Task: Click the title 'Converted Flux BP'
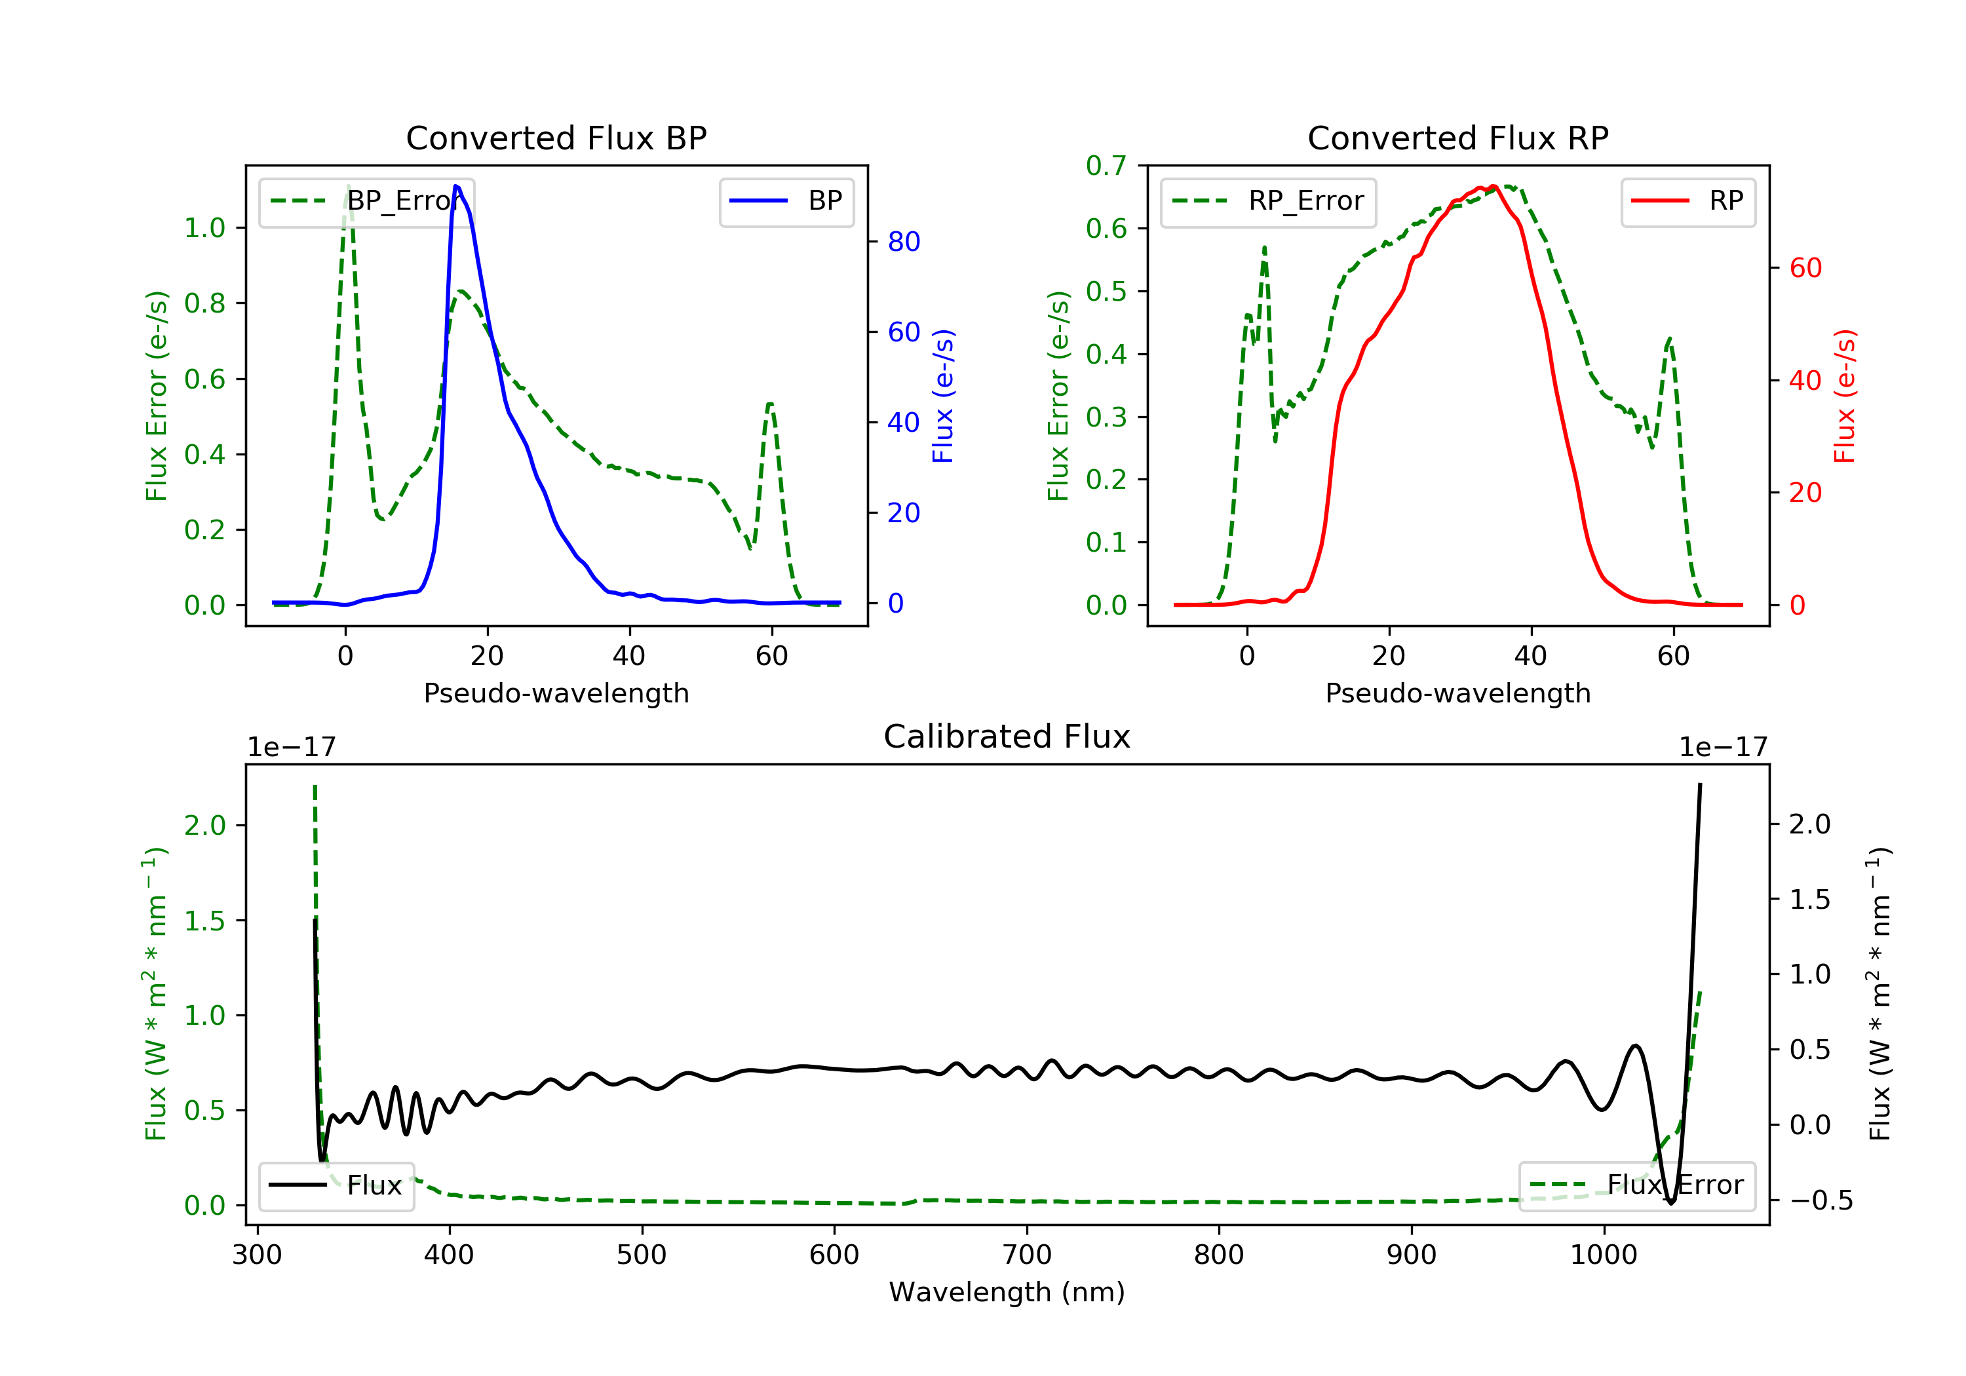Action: click(x=556, y=138)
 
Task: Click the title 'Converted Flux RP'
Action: click(x=1457, y=138)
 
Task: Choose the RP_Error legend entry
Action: click(x=1268, y=201)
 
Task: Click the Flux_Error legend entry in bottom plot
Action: click(x=1636, y=1185)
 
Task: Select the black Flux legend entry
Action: click(x=337, y=1185)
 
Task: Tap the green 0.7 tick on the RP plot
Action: click(x=1106, y=165)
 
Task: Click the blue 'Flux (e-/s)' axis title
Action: click(x=943, y=396)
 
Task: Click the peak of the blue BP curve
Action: click(x=456, y=186)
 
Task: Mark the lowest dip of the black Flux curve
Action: click(x=1670, y=1203)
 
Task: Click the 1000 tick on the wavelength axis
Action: click(x=1603, y=1255)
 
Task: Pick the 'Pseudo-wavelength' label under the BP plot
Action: click(x=556, y=693)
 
